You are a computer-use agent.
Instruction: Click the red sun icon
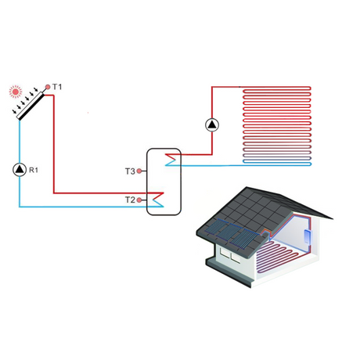tap(15, 92)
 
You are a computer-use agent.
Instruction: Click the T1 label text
tap(57, 86)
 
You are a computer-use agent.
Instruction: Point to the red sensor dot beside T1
tap(47, 87)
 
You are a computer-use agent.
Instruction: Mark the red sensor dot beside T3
tap(141, 170)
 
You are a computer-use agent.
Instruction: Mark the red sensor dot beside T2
tap(141, 200)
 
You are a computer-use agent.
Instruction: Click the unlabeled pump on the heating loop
tap(213, 124)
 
